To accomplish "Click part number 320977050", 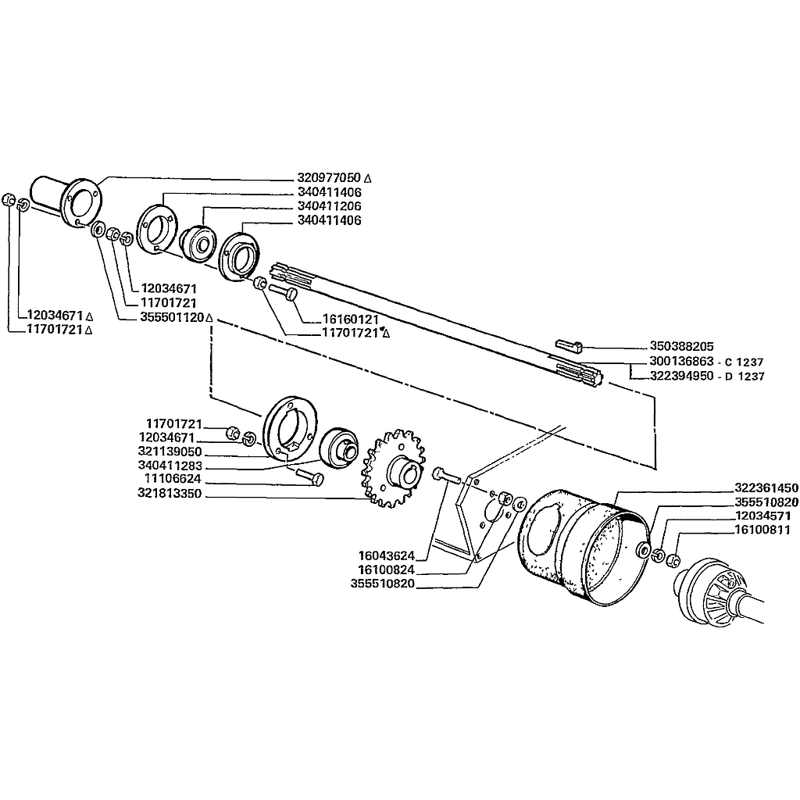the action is pos(329,178).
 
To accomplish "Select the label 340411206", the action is pos(329,206).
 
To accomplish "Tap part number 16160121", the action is pos(351,320).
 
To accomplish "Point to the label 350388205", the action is pos(681,346).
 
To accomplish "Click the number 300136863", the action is pos(681,362).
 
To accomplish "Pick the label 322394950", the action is pos(681,376).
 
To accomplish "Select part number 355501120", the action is pos(172,317).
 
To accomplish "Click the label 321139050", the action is pos(170,452).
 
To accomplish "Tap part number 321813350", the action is pos(170,494).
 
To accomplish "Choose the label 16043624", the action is pos(386,555).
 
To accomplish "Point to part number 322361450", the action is pos(766,487).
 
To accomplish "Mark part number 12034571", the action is pos(762,516).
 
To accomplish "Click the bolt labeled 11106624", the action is pos(309,477).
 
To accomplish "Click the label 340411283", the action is pos(170,466).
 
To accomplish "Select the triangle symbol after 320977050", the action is pos(369,179).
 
